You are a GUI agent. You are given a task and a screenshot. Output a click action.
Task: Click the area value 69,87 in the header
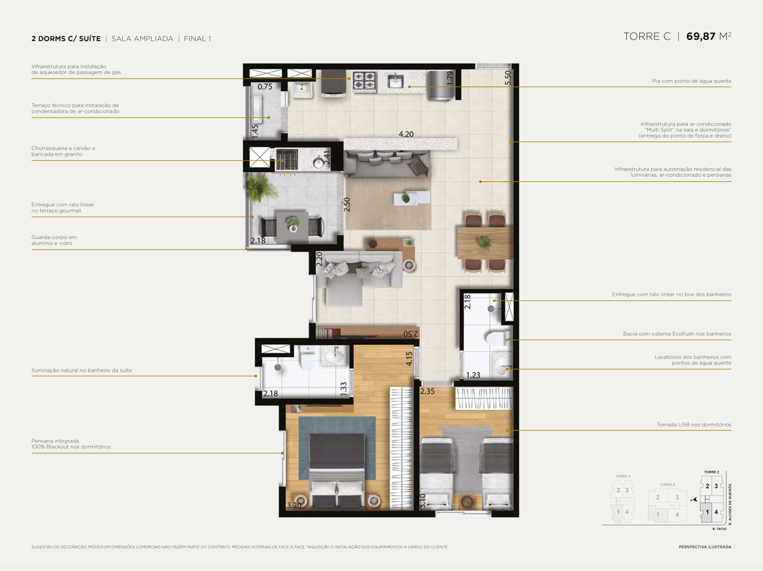tap(701, 36)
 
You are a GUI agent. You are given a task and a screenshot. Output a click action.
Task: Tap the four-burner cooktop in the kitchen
tap(364, 82)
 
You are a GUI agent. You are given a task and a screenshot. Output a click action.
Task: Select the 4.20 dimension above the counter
tap(406, 134)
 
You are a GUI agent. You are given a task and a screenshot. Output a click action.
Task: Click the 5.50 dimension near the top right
tap(508, 78)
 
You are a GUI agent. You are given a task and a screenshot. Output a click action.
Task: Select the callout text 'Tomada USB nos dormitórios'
tap(694, 425)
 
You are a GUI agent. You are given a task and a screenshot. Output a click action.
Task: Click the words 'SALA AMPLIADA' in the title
tap(142, 39)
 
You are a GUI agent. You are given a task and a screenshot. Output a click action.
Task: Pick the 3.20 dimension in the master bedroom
tap(293, 505)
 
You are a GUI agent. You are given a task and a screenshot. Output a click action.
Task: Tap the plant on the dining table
tap(483, 243)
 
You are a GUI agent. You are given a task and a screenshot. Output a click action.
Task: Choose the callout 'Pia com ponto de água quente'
tap(691, 81)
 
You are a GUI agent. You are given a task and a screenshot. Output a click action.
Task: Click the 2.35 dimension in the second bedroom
tap(427, 392)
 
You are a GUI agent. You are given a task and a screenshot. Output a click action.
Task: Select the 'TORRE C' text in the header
tap(647, 36)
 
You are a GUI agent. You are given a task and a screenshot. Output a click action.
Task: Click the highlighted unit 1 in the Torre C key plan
tap(707, 512)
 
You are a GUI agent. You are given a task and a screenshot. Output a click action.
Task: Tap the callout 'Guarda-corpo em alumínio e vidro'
tap(54, 241)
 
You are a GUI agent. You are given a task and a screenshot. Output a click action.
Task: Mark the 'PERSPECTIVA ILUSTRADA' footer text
tap(705, 547)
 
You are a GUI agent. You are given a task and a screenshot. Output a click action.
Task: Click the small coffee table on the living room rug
tap(411, 198)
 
